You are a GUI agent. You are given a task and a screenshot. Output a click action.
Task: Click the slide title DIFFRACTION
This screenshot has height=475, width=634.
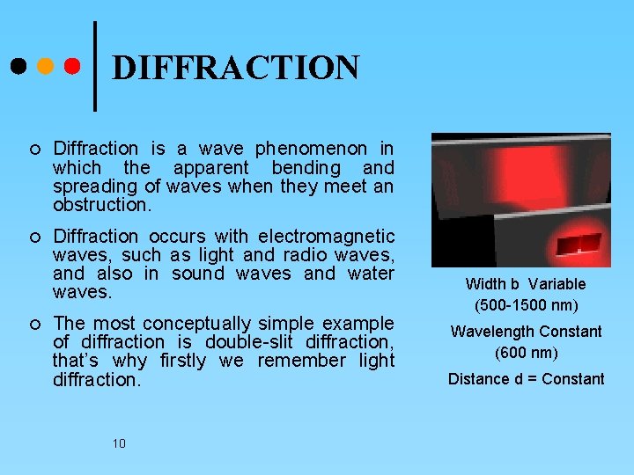tap(236, 68)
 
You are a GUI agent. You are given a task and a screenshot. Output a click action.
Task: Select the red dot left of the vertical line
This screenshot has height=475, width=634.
tap(73, 66)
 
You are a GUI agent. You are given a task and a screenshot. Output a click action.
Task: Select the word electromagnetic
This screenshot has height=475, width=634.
tap(327, 236)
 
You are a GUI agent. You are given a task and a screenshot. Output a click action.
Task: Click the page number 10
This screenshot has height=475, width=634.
tap(119, 443)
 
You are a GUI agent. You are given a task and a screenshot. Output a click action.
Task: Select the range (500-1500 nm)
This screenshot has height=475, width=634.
tap(526, 305)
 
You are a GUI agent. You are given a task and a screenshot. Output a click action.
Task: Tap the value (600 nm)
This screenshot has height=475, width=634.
tap(526, 353)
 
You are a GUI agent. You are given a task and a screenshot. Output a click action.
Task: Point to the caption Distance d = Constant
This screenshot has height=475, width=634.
tap(526, 379)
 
